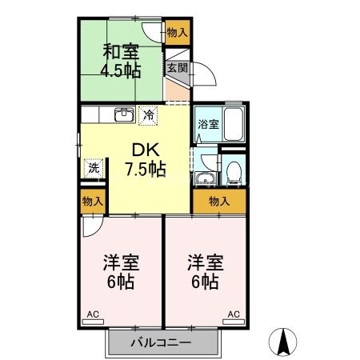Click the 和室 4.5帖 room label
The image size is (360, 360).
coord(121,61)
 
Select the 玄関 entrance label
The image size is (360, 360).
coord(177,69)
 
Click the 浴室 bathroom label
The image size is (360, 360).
coord(207,124)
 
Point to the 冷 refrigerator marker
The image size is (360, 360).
coord(148,114)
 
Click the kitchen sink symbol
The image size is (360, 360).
coord(124,114)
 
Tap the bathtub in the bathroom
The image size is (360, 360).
coord(233,124)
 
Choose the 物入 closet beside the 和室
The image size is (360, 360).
coord(178,33)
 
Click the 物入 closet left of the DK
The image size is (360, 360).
coord(93,202)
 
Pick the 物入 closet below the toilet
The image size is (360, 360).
coord(218,201)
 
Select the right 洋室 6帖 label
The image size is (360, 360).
coord(205,271)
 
